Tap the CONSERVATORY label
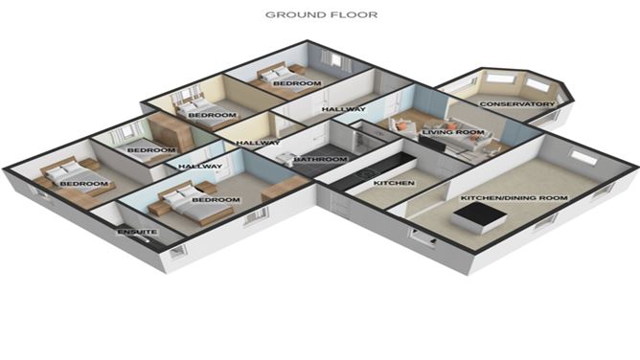coord(516,103)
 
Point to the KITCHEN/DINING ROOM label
coord(514,198)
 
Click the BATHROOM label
coord(319,159)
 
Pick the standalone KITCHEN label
coord(393,182)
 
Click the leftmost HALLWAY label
coord(200,167)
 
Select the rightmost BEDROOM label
coord(297,84)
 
